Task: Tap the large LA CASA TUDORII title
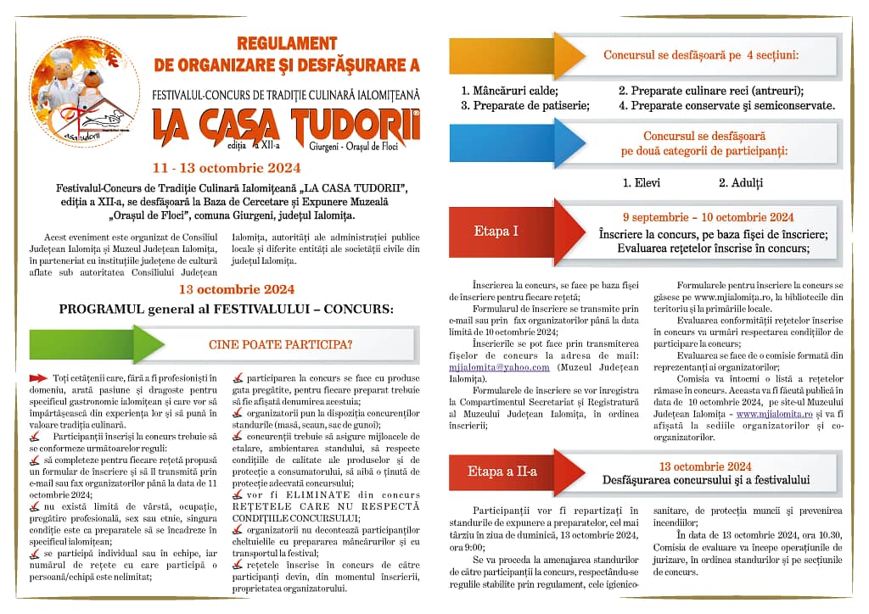287,124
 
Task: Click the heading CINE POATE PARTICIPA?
281,344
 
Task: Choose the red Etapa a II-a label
502,472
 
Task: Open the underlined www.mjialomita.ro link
772,414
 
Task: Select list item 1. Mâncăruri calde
509,90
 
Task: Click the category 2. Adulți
741,182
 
